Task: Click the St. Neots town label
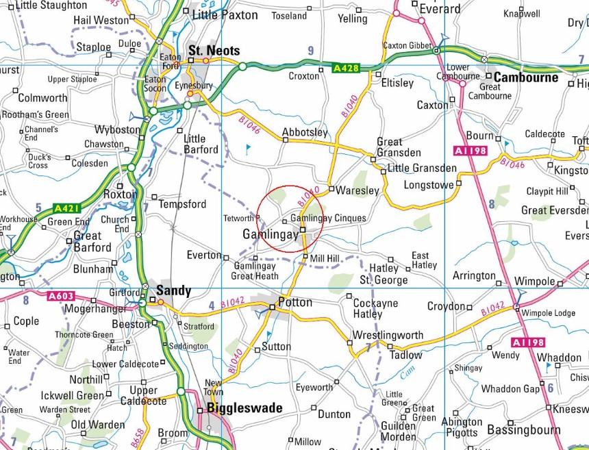[x=214, y=51]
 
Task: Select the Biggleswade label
[x=245, y=408]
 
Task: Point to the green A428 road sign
[x=346, y=68]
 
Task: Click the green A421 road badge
[x=66, y=208]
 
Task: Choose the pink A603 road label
[x=62, y=297]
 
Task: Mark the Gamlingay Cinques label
[x=328, y=218]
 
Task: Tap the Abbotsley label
[x=305, y=132]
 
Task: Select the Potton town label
[x=295, y=302]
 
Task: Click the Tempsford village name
[x=182, y=204]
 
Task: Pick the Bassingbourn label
[x=524, y=429]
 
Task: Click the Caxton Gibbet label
[x=404, y=45]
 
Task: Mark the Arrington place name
[x=474, y=276]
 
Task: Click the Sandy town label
[x=174, y=290]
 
